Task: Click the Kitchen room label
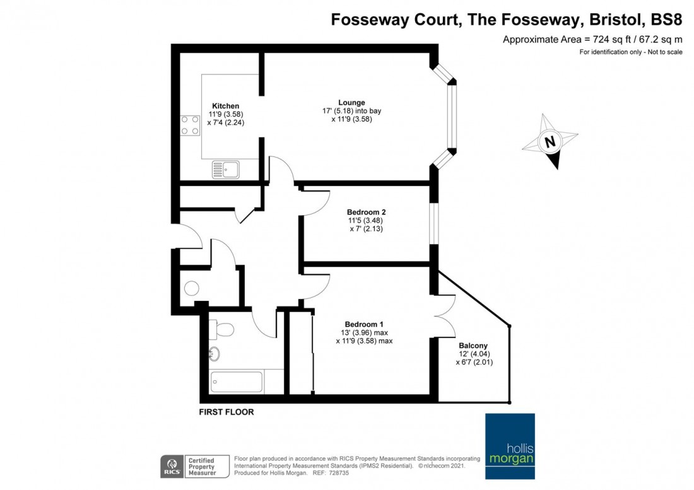click(225, 106)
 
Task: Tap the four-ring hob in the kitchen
click(190, 125)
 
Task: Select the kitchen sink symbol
click(225, 169)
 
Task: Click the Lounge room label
click(351, 103)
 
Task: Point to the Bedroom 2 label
click(366, 213)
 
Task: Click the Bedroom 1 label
click(364, 324)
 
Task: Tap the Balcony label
click(473, 346)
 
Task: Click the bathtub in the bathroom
click(237, 382)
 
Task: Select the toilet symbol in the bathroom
click(221, 329)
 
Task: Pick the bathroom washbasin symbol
click(215, 354)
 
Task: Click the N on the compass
click(550, 142)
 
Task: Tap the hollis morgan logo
click(510, 446)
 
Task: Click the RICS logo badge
click(172, 467)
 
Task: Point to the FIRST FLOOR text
click(226, 412)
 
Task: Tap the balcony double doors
click(445, 316)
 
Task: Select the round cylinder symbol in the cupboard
click(192, 288)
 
